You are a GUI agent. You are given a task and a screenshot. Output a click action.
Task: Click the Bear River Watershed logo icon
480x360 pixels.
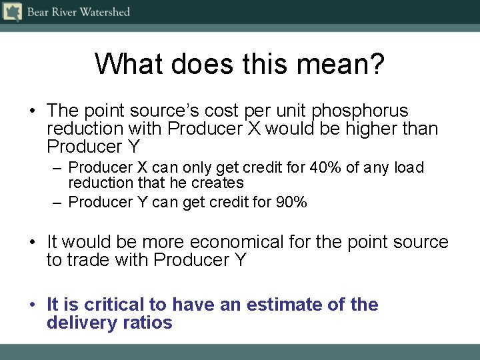12,11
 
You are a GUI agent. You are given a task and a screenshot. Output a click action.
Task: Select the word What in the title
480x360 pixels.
130,64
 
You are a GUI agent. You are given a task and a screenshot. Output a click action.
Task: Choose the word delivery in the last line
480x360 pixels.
78,323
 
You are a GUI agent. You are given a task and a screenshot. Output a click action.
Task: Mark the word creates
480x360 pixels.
217,183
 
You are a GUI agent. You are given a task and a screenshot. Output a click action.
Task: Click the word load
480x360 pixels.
409,167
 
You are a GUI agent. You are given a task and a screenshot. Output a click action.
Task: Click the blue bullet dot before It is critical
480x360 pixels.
32,305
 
